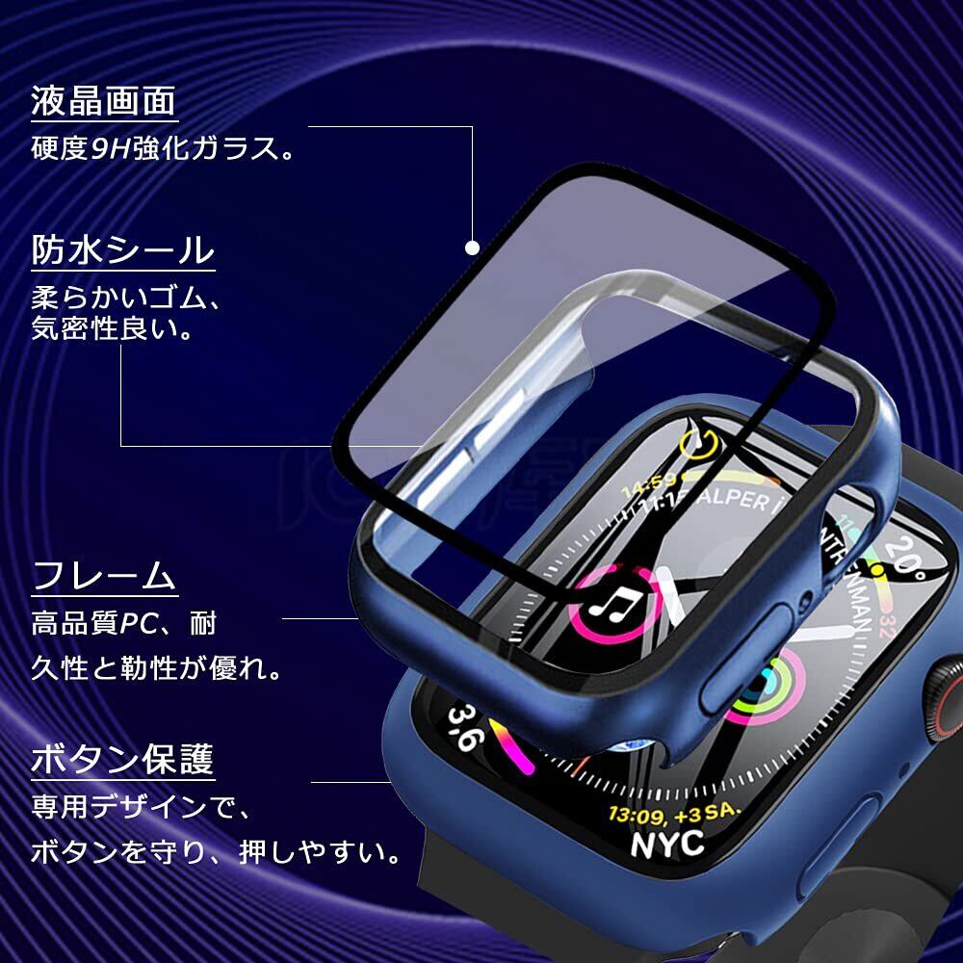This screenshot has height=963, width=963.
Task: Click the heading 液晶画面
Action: (104, 100)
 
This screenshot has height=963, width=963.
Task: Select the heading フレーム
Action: (104, 577)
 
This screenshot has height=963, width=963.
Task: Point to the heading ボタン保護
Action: (122, 760)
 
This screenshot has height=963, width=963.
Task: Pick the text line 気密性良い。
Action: (112, 330)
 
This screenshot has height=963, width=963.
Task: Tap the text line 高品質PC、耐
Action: (124, 623)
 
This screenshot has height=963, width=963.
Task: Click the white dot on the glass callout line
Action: (472, 247)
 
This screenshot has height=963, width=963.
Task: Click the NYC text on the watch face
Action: (666, 844)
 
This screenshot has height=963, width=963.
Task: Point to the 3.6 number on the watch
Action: (463, 729)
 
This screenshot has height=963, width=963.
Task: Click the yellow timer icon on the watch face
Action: (702, 445)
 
